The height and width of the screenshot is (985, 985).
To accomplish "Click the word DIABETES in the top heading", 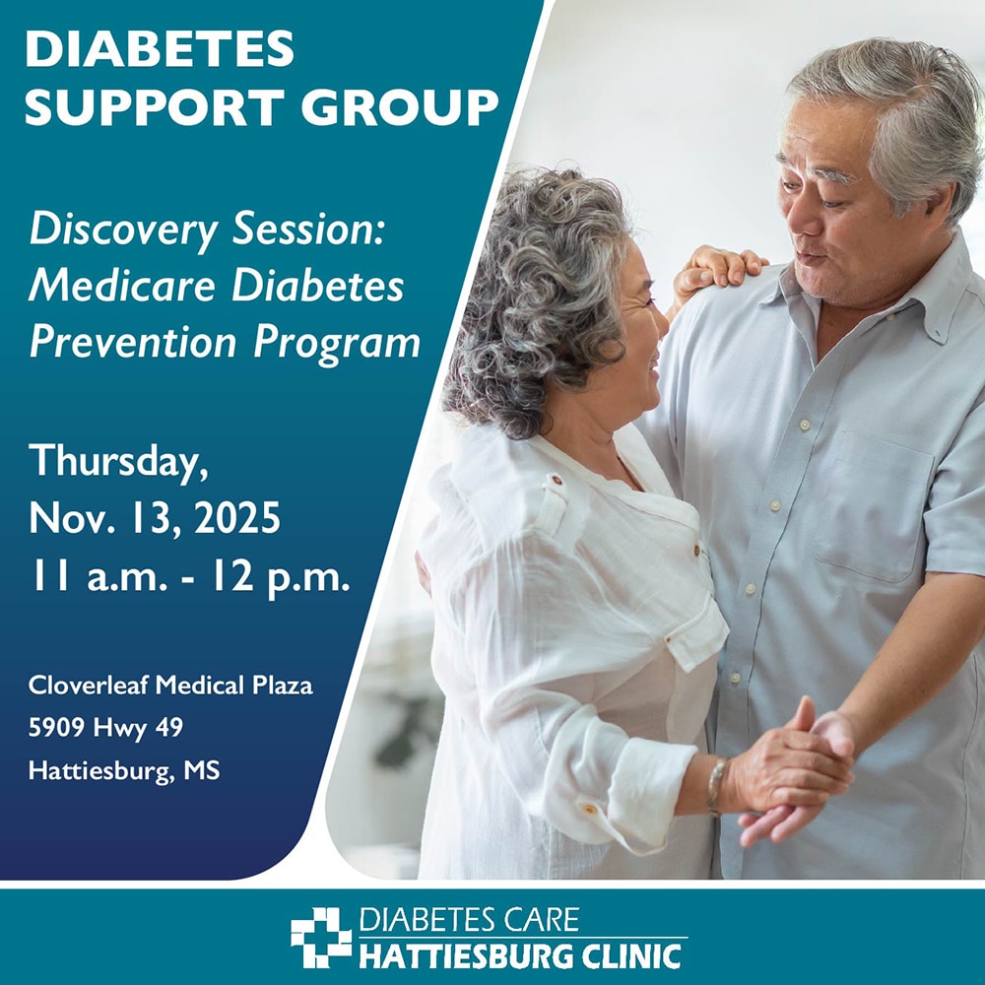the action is click(x=160, y=48).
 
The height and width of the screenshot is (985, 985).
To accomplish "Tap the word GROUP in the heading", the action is click(x=400, y=106).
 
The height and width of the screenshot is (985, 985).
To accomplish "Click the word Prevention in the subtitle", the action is click(x=133, y=343).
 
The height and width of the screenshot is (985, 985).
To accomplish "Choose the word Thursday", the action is click(x=118, y=462).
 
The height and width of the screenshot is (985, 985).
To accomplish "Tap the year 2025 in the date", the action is click(x=236, y=518).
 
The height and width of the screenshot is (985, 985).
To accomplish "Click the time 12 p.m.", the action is click(x=280, y=578).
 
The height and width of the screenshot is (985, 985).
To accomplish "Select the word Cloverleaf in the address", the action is click(x=88, y=685).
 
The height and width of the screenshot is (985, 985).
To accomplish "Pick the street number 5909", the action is click(x=56, y=728).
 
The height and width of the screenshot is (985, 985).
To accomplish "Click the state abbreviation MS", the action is click(x=201, y=770).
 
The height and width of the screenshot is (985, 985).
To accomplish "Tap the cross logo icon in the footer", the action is click(x=321, y=937).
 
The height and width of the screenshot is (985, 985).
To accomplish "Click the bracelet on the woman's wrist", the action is click(x=715, y=786).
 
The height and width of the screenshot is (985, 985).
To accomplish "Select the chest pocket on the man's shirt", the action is click(x=874, y=505).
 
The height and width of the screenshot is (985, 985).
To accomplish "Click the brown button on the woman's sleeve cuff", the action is click(x=589, y=809).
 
